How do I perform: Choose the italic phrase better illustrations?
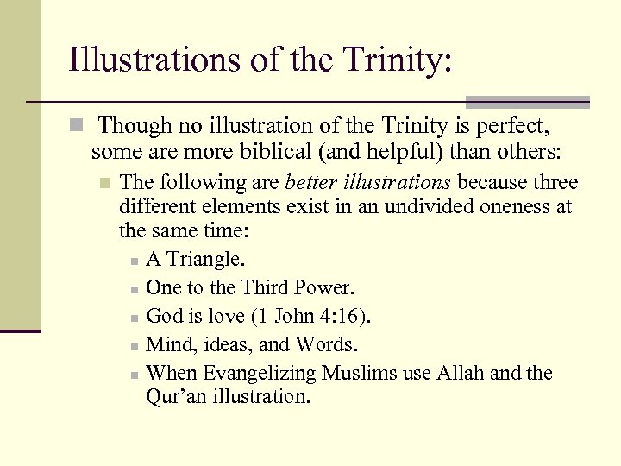pos(368,183)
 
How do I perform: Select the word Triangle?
pos(204,259)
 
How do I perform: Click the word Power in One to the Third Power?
pos(323,287)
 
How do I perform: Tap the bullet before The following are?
pos(104,184)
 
